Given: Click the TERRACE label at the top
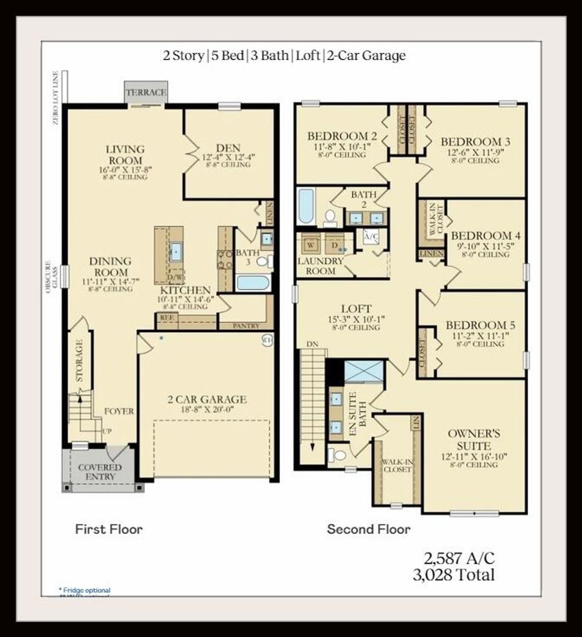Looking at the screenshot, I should (146, 92).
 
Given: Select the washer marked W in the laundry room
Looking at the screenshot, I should (311, 244).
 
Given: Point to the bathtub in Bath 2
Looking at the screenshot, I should (305, 207).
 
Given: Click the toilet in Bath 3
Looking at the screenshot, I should (263, 261).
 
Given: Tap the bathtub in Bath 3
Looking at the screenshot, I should (252, 282).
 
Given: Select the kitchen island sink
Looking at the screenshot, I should (176, 251).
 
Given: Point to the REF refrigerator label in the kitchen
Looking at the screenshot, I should (167, 318).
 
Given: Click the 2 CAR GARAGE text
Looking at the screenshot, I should (207, 399).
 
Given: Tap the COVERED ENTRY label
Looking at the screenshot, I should (100, 472).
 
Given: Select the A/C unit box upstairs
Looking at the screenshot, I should (371, 235).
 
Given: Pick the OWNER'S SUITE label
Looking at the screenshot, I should (474, 439).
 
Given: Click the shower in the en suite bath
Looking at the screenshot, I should (364, 371).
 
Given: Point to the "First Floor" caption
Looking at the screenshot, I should (109, 529).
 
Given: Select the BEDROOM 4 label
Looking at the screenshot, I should (484, 236).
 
